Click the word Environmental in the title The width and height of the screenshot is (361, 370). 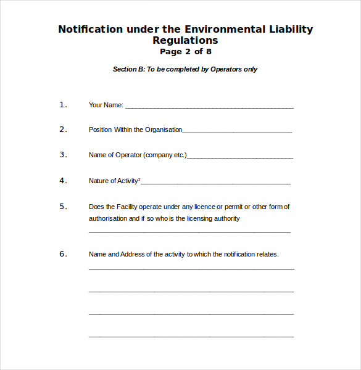[225, 29]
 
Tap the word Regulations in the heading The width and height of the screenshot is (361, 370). [185, 41]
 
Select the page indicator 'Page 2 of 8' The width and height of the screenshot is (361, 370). [185, 52]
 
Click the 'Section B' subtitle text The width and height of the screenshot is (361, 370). [185, 69]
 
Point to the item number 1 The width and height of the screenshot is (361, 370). [62, 105]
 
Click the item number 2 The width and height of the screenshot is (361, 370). [62, 129]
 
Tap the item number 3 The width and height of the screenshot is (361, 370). [62, 155]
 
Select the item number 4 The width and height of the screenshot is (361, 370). [62, 181]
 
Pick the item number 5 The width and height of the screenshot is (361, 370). [62, 207]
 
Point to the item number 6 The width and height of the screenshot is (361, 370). [62, 254]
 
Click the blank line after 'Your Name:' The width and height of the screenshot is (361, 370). [209, 107]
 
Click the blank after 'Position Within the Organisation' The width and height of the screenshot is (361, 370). [237, 132]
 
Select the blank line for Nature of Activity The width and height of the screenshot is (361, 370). [215, 183]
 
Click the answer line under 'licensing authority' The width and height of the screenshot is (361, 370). [189, 232]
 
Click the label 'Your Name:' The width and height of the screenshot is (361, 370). [106, 105]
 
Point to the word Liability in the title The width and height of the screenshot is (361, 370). [291, 29]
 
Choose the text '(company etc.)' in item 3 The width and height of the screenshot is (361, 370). [165, 155]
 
